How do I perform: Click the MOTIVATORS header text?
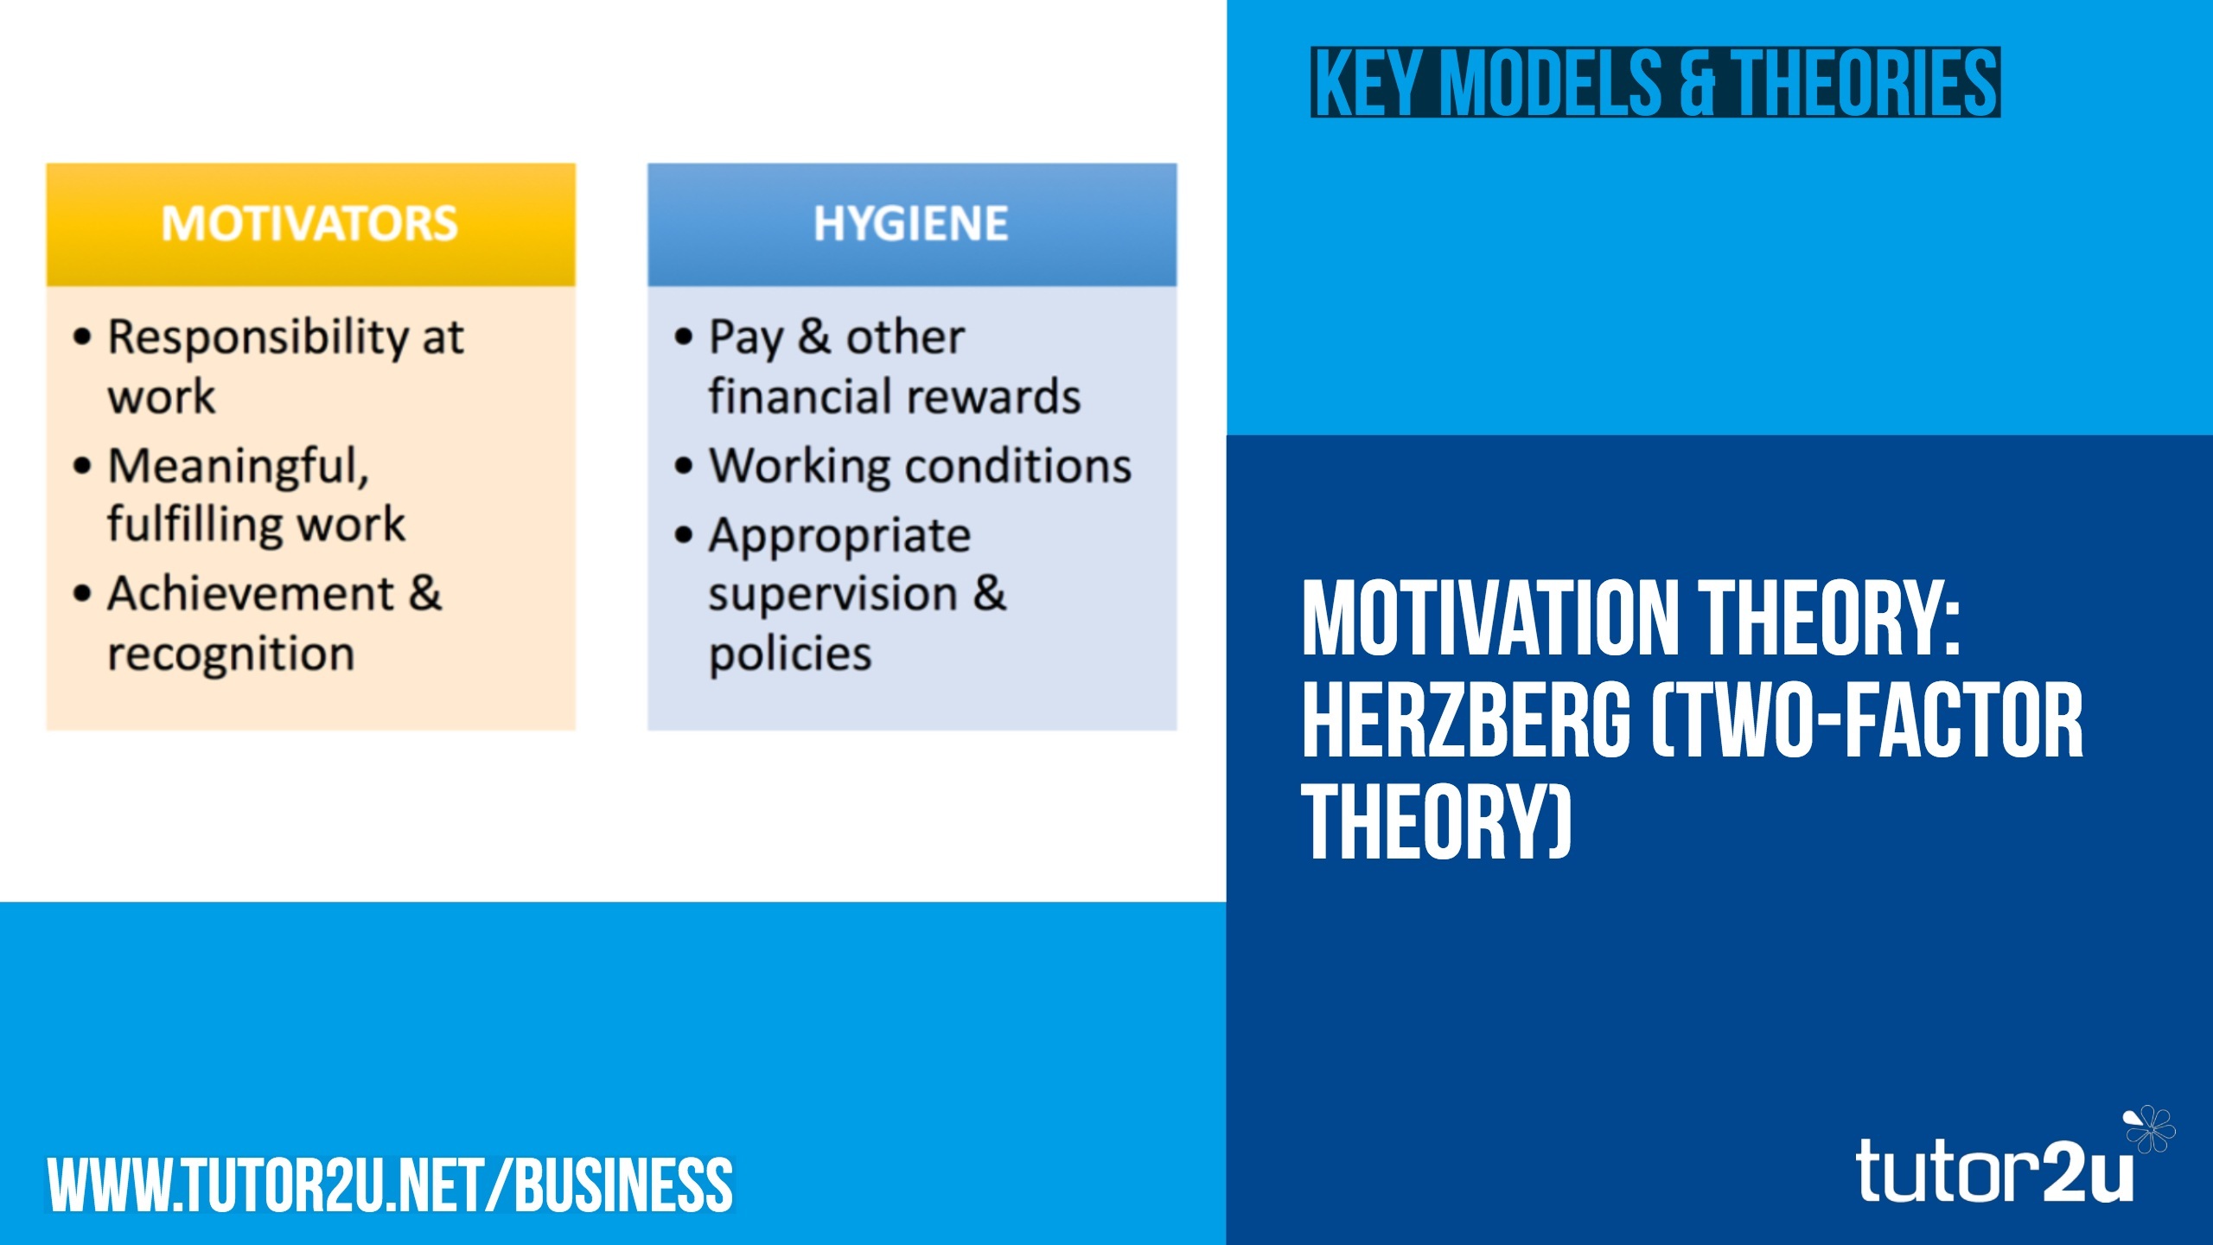point(309,223)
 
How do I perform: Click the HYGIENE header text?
point(911,223)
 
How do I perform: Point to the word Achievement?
point(251,594)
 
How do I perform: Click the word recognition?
point(231,654)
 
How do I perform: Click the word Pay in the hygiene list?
point(745,338)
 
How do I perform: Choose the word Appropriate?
point(839,537)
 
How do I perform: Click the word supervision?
point(832,596)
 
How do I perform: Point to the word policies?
point(790,654)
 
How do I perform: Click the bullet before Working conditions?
point(684,467)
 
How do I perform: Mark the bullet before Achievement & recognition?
point(82,594)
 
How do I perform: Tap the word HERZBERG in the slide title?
point(1466,719)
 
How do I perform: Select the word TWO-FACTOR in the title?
point(1867,719)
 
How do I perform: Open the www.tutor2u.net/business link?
point(390,1184)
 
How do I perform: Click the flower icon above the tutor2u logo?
point(2149,1128)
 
